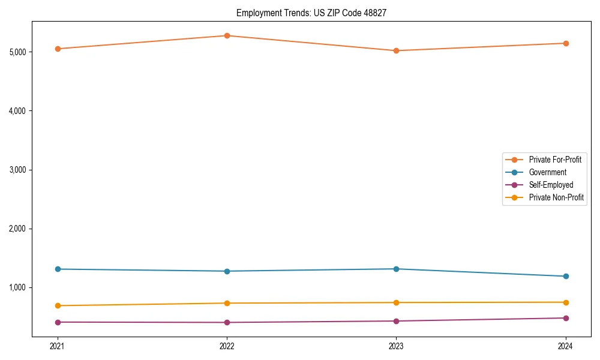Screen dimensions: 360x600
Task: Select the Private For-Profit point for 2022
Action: pyautogui.click(x=227, y=35)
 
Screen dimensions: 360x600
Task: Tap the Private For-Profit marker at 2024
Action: pyautogui.click(x=565, y=43)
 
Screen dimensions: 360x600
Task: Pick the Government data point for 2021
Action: pyautogui.click(x=58, y=269)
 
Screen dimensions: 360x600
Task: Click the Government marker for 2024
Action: pyautogui.click(x=565, y=276)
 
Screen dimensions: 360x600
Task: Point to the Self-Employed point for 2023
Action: pyautogui.click(x=396, y=321)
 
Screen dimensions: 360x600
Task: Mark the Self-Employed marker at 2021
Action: pyautogui.click(x=58, y=322)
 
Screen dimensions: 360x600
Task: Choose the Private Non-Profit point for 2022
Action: pyautogui.click(x=227, y=303)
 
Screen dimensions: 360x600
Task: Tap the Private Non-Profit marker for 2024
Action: pyautogui.click(x=565, y=302)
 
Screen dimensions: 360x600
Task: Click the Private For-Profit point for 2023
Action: pyautogui.click(x=396, y=50)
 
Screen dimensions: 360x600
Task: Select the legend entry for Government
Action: pyautogui.click(x=547, y=172)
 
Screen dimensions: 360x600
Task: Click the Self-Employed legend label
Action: pyautogui.click(x=551, y=185)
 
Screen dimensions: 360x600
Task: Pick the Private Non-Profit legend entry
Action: pyautogui.click(x=556, y=197)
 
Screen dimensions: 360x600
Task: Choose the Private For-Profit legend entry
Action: pyautogui.click(x=555, y=160)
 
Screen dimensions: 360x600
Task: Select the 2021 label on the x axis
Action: pyautogui.click(x=58, y=346)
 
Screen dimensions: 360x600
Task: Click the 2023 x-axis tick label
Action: pyautogui.click(x=396, y=346)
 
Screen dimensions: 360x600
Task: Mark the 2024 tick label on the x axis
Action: pyautogui.click(x=565, y=346)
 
